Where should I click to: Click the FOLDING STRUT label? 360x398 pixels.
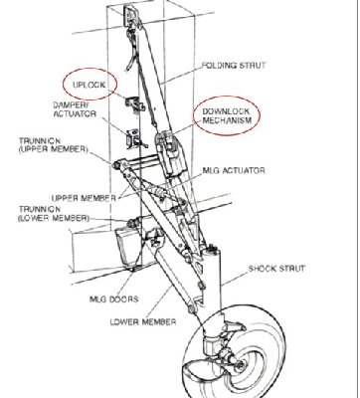click(234, 66)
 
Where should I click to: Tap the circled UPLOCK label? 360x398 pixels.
click(90, 85)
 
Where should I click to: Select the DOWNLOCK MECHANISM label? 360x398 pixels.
click(227, 115)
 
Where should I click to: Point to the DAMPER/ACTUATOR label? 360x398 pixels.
click(75, 109)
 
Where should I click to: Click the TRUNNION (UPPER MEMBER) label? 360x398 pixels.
click(54, 145)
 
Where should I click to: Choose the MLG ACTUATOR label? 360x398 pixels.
click(234, 171)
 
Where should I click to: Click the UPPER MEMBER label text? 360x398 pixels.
click(84, 198)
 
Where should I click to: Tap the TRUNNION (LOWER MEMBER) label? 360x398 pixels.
click(54, 214)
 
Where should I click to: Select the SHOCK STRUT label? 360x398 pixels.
click(276, 268)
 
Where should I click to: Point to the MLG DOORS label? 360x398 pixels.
click(114, 299)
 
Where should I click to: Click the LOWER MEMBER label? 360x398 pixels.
click(143, 321)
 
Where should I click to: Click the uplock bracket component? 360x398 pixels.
click(134, 103)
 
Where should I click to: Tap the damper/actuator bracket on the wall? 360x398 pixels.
click(135, 138)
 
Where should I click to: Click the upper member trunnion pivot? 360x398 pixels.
click(116, 165)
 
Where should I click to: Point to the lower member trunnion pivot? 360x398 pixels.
click(131, 223)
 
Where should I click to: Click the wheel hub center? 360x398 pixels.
click(240, 365)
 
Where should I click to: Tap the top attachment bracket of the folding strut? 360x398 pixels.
click(130, 14)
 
